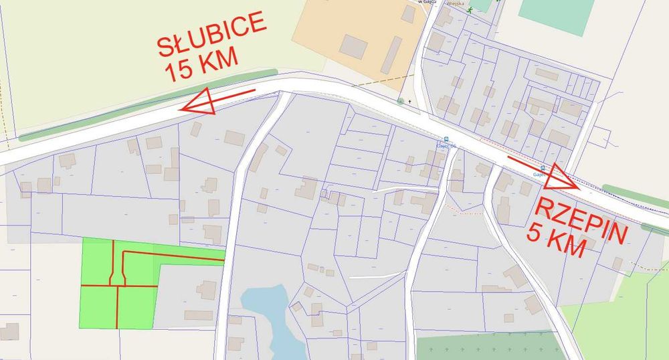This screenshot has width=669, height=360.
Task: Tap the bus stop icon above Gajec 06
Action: pos(446,139)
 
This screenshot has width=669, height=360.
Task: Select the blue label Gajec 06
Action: pos(446,146)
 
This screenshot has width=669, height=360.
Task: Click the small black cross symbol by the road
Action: pos(409,102)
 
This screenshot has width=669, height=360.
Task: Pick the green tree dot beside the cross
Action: pos(401,102)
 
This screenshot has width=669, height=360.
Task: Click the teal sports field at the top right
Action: pos(555,15)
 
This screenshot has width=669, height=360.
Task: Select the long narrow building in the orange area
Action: pos(391,55)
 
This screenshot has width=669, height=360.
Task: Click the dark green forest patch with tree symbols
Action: pos(488,346)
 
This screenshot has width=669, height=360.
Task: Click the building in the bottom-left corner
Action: pos(9,332)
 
